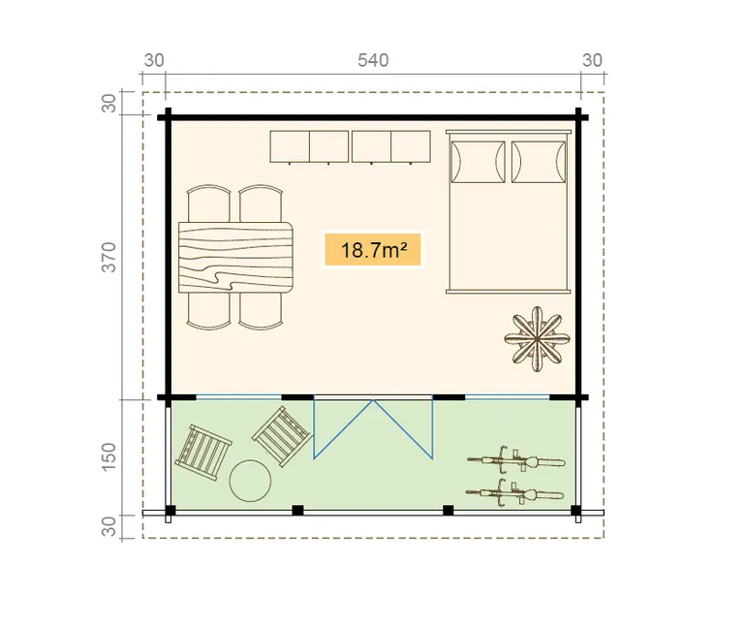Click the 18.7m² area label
373,250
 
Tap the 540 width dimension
373,60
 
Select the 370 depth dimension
108,257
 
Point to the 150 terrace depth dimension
108,456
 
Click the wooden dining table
235,257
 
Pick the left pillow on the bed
478,162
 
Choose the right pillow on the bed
539,162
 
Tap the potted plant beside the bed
537,339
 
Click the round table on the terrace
250,481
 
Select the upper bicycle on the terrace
516,460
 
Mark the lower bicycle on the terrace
514,493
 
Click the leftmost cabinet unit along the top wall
290,147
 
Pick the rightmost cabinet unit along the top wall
411,147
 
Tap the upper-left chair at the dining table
209,203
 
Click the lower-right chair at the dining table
261,311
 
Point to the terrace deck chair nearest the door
282,437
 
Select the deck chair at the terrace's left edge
203,453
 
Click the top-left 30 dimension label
154,60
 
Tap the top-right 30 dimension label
592,60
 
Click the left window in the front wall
238,397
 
